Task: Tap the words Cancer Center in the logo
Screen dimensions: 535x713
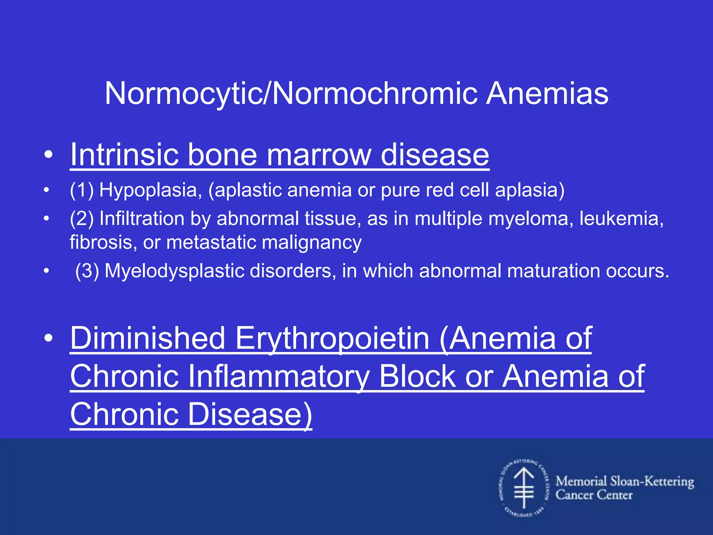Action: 594,495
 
